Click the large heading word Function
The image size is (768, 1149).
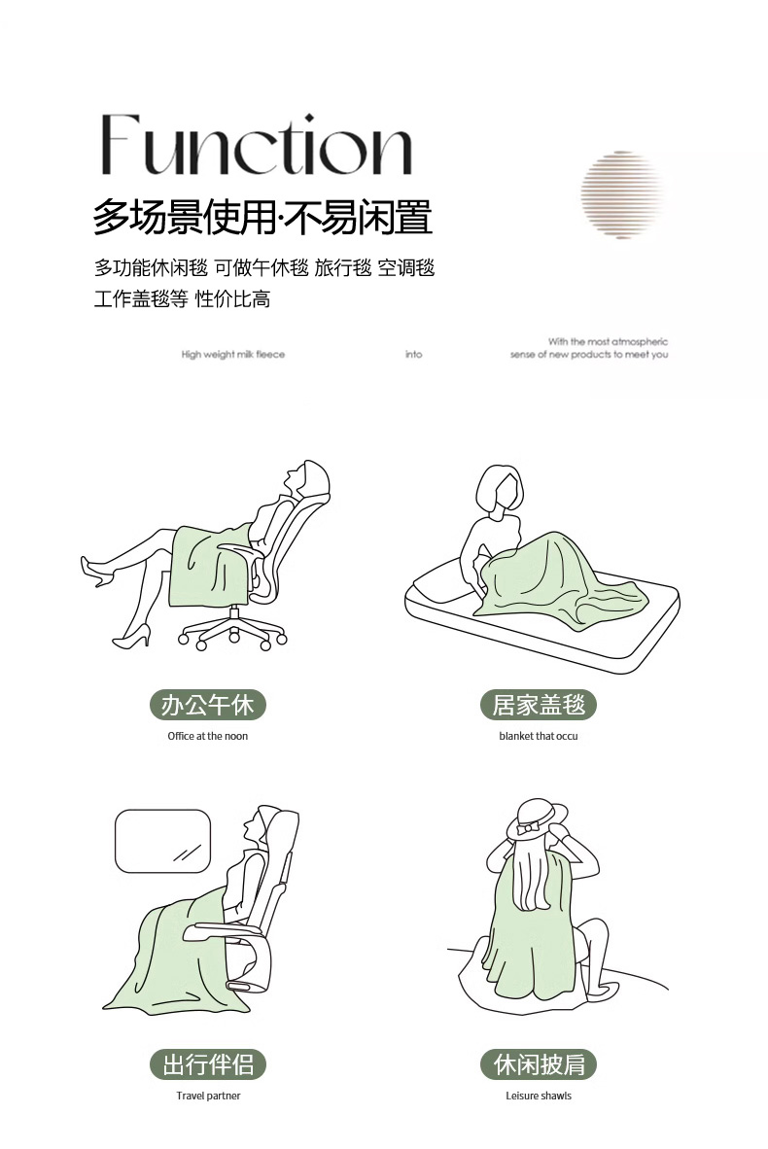256,145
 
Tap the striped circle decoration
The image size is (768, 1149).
622,195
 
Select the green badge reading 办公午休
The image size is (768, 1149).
207,705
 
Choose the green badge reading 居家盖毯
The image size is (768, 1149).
539,705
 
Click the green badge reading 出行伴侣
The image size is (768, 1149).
207,1064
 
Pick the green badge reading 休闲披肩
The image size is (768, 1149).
539,1064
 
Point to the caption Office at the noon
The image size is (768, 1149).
207,736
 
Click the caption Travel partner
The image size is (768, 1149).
208,1096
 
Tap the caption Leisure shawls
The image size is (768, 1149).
539,1096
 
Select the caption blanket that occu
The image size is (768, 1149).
539,736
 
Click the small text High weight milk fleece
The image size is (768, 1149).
233,354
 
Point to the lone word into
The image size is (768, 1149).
414,354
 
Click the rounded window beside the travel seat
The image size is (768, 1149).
162,841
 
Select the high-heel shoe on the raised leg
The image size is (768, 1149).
96,571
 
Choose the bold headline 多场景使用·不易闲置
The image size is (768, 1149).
262,217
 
